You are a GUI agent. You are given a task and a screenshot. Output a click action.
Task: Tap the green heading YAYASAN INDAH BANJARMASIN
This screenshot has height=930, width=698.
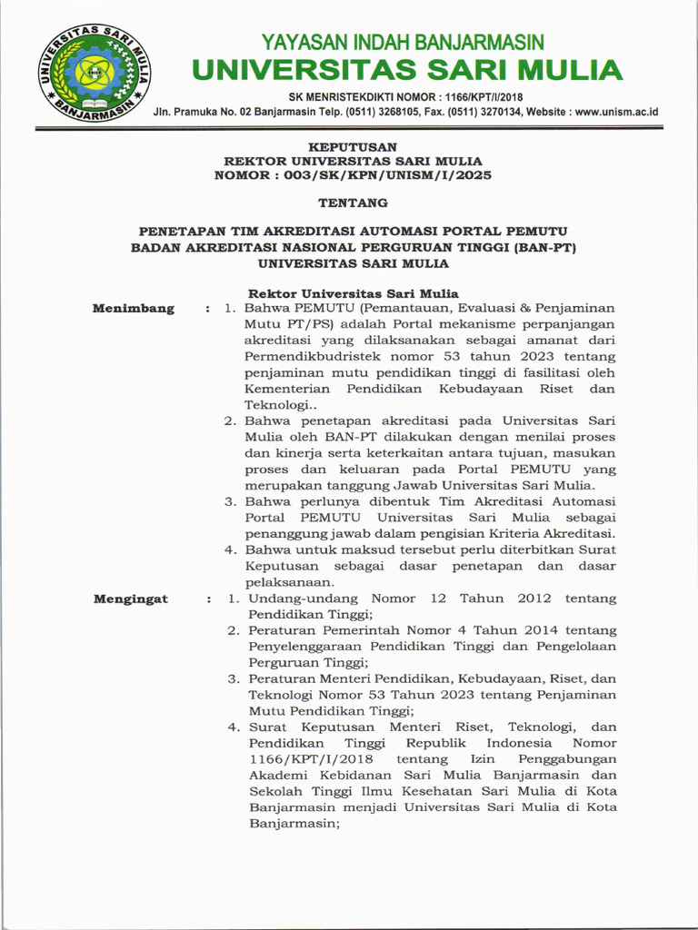point(403,42)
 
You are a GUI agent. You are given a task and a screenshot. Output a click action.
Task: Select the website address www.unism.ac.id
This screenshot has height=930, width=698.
point(616,112)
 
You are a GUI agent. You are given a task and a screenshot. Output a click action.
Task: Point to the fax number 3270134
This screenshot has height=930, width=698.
point(490,112)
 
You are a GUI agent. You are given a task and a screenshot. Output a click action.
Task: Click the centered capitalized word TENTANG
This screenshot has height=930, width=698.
point(353,203)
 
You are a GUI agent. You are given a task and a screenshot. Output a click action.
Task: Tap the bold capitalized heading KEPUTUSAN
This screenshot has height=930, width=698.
point(353,146)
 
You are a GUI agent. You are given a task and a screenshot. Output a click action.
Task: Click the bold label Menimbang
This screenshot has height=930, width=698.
point(133,309)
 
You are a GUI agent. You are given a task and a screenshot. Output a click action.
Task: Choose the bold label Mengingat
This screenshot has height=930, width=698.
point(131,599)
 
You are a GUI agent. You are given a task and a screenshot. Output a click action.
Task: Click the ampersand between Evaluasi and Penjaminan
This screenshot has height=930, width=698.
point(521,309)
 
